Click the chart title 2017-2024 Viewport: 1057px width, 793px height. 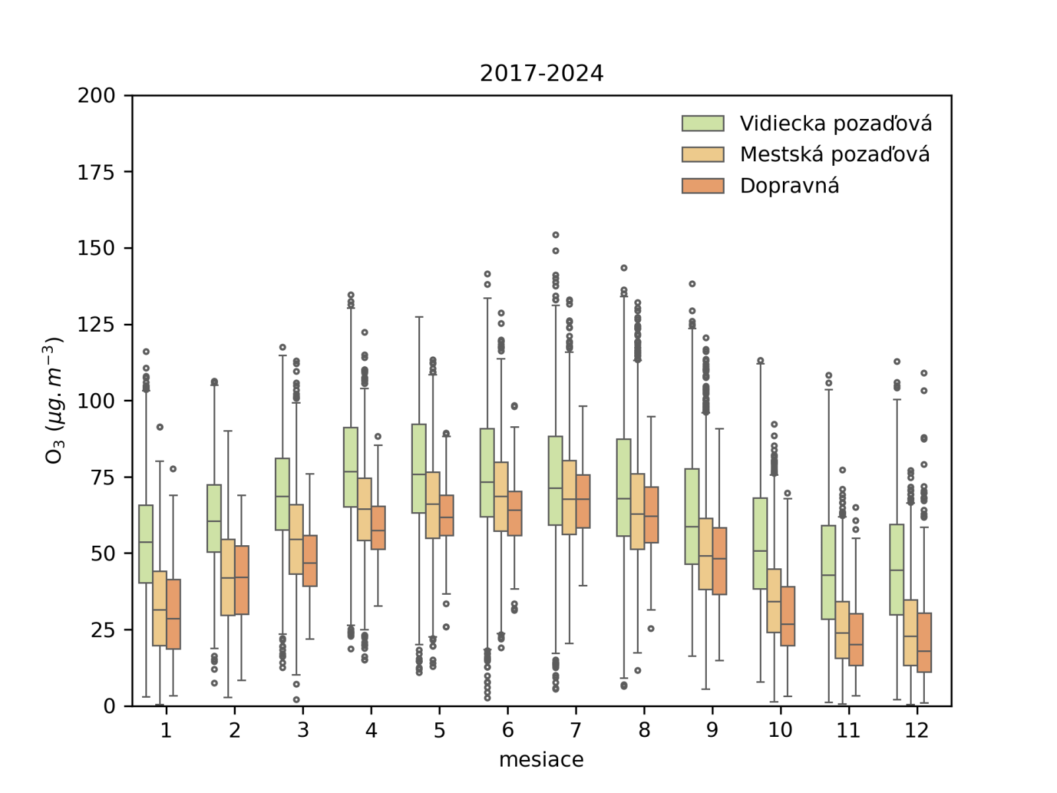point(541,73)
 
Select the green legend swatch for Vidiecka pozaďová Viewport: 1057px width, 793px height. point(702,124)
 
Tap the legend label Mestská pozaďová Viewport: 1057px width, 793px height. point(834,155)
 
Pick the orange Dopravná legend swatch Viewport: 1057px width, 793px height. point(702,186)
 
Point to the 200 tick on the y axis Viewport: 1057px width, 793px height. point(96,96)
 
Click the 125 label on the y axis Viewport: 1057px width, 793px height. point(96,324)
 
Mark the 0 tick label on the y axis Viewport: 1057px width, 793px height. point(109,706)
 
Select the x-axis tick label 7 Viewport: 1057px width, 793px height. point(575,730)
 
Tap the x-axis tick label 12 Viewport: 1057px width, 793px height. point(917,730)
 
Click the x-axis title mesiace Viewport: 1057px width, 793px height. point(541,760)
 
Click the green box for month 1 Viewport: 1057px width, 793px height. point(146,544)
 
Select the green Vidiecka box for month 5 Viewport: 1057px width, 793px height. point(419,469)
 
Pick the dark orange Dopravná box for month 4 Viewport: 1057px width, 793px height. point(378,527)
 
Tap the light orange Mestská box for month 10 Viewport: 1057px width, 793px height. point(774,601)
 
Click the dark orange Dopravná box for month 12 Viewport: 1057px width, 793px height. point(924,642)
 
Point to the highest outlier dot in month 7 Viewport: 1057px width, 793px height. point(556,235)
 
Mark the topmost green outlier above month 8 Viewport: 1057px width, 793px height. point(624,268)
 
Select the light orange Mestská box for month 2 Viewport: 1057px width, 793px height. point(228,577)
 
